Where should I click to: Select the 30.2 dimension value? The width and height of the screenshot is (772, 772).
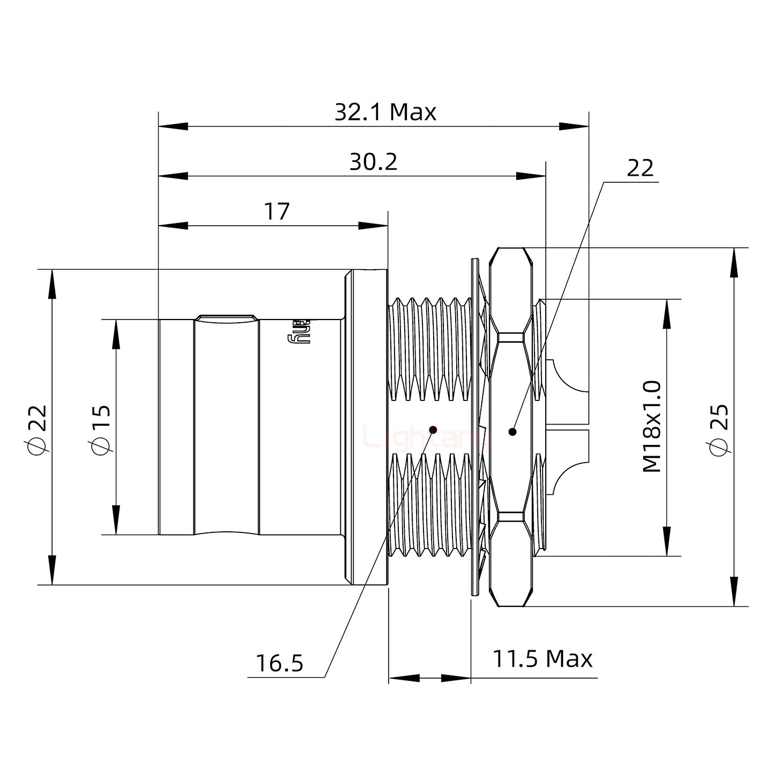(373, 162)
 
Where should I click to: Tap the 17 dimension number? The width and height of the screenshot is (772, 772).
(277, 212)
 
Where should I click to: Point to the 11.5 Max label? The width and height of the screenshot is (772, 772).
(542, 658)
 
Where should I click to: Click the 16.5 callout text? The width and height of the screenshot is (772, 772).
(279, 663)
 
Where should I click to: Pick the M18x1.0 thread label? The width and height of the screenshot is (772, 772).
(652, 427)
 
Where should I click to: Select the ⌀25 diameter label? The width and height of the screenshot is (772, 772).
(719, 428)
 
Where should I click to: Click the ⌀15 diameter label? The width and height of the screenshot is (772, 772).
(101, 428)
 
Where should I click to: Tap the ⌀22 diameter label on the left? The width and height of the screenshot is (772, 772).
(38, 428)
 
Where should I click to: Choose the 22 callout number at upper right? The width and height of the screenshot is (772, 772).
(640, 168)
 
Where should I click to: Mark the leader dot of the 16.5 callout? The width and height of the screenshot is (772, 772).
(434, 429)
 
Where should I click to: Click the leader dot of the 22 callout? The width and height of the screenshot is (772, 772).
(513, 431)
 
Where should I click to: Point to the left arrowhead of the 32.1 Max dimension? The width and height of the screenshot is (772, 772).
(173, 127)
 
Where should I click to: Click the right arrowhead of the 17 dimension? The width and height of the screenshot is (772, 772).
(373, 226)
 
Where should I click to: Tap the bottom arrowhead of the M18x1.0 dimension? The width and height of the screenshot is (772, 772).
(666, 541)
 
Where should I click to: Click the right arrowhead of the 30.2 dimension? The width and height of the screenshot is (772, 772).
(531, 176)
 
